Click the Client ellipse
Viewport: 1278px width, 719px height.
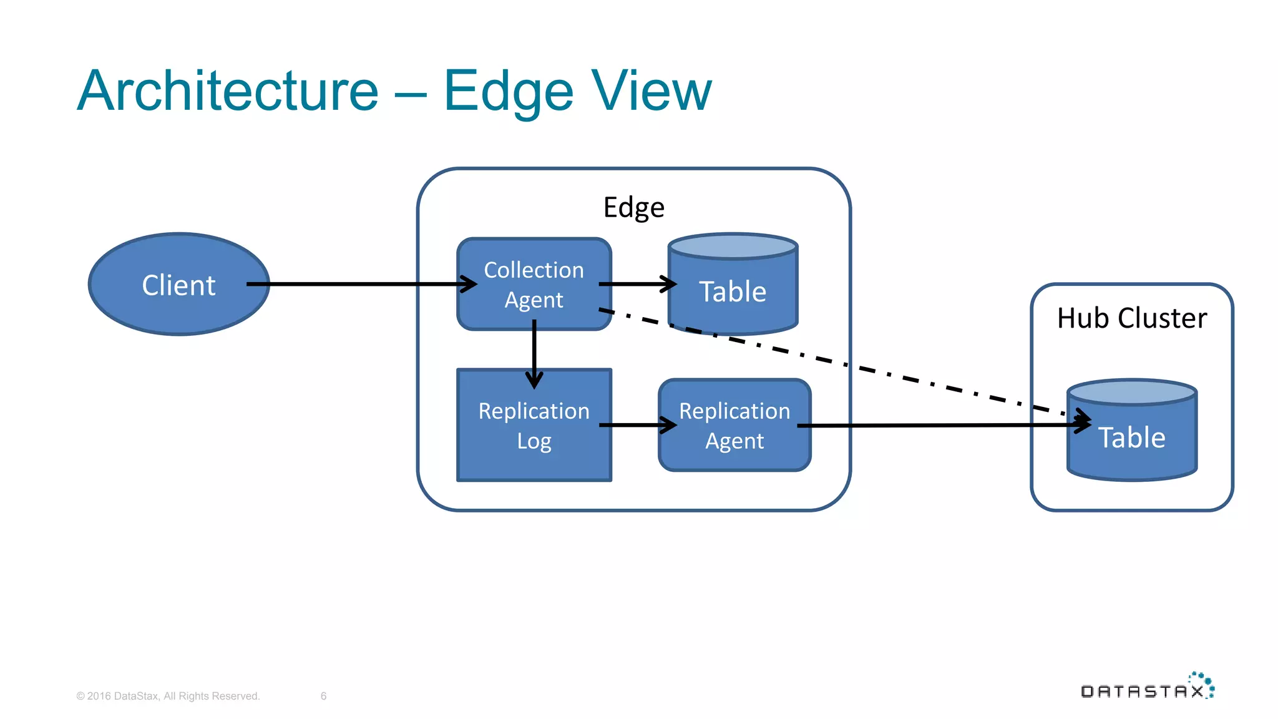tap(178, 285)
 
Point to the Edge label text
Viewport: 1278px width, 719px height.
tap(633, 207)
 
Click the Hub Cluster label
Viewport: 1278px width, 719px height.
tap(1131, 318)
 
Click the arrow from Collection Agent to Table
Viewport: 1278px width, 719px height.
tap(637, 284)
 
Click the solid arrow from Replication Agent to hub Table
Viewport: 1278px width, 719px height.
tap(936, 425)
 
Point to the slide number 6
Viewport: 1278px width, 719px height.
tap(323, 696)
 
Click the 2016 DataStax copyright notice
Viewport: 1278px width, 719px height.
tap(168, 696)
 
